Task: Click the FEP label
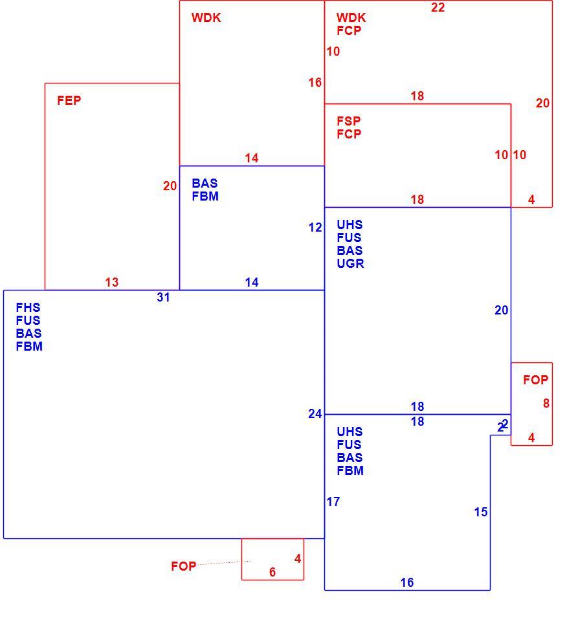(69, 100)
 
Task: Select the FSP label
(348, 121)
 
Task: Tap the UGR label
(350, 263)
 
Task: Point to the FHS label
(28, 307)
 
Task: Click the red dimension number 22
(438, 8)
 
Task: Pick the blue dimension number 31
(164, 298)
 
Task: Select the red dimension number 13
(111, 282)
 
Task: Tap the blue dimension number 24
(315, 414)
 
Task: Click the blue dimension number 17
(333, 502)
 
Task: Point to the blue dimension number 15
(481, 512)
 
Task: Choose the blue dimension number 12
(315, 228)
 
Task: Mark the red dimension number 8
(546, 403)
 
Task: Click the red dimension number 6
(272, 573)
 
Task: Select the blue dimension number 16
(407, 583)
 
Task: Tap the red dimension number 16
(315, 83)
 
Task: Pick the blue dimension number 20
(502, 310)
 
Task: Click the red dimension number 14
(252, 159)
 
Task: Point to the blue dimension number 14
(252, 283)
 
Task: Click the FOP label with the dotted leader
(183, 566)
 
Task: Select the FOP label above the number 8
(536, 380)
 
